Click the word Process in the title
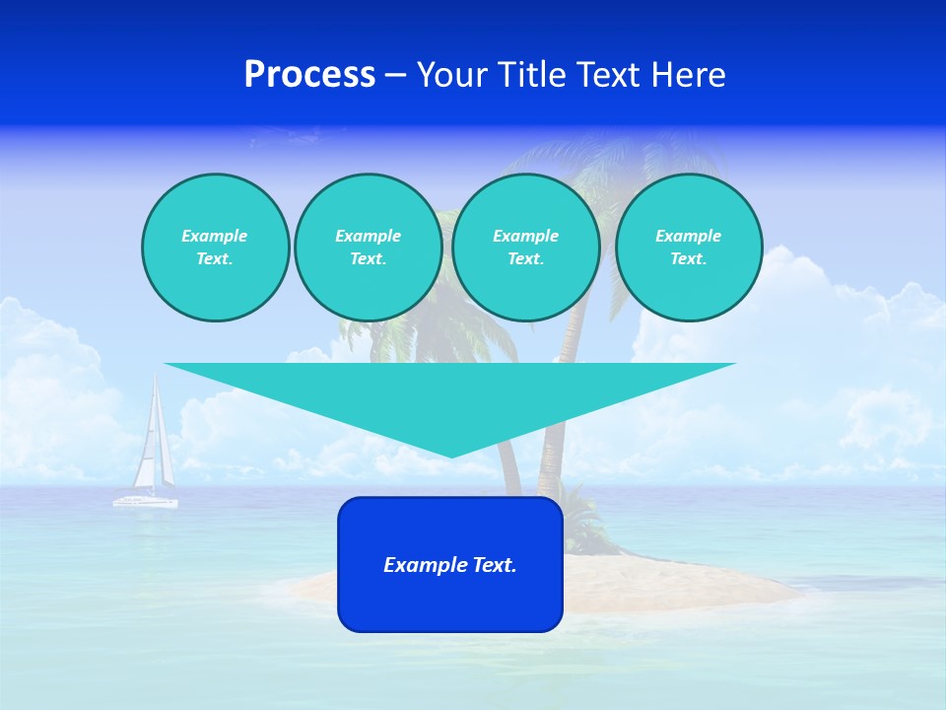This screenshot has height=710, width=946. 309,75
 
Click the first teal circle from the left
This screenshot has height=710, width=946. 215,248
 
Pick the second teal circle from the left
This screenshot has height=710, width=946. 369,248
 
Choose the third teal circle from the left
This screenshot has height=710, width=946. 526,248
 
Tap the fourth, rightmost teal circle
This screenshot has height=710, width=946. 689,248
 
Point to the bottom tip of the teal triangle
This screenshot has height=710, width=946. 450,457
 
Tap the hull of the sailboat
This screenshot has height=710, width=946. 146,503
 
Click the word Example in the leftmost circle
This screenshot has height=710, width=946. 215,236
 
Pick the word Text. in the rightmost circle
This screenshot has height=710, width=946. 689,259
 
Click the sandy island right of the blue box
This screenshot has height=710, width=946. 680,587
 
